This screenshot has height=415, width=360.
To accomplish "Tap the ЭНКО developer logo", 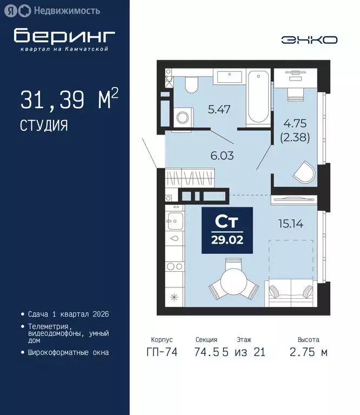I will click(309, 39).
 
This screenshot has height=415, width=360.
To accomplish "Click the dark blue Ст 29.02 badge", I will click(228, 230).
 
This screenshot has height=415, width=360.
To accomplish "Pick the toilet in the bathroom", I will click(191, 84).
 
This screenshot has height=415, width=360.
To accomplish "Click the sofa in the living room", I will click(291, 292).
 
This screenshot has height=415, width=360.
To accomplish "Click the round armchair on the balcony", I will click(304, 174).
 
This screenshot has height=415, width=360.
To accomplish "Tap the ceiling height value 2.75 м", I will click(309, 352).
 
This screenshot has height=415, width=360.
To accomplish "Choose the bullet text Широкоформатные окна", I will click(68, 352).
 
